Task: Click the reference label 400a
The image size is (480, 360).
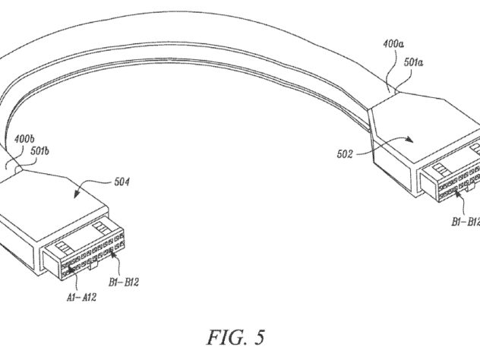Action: [393, 44]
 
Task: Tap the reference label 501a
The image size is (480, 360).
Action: [414, 62]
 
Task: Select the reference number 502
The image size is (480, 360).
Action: [345, 154]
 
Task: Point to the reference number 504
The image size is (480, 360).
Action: [122, 182]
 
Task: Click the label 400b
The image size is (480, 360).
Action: [24, 139]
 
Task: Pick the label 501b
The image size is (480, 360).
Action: [39, 151]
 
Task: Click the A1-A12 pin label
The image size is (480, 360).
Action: [81, 297]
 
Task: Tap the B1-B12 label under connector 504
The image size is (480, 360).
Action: [124, 282]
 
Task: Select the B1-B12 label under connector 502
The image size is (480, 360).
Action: [466, 222]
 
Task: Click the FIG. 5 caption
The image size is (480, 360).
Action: [235, 337]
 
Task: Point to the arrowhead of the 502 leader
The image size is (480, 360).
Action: [410, 140]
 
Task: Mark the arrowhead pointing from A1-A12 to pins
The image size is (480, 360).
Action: [70, 268]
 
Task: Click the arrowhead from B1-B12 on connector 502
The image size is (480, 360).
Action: [457, 193]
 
